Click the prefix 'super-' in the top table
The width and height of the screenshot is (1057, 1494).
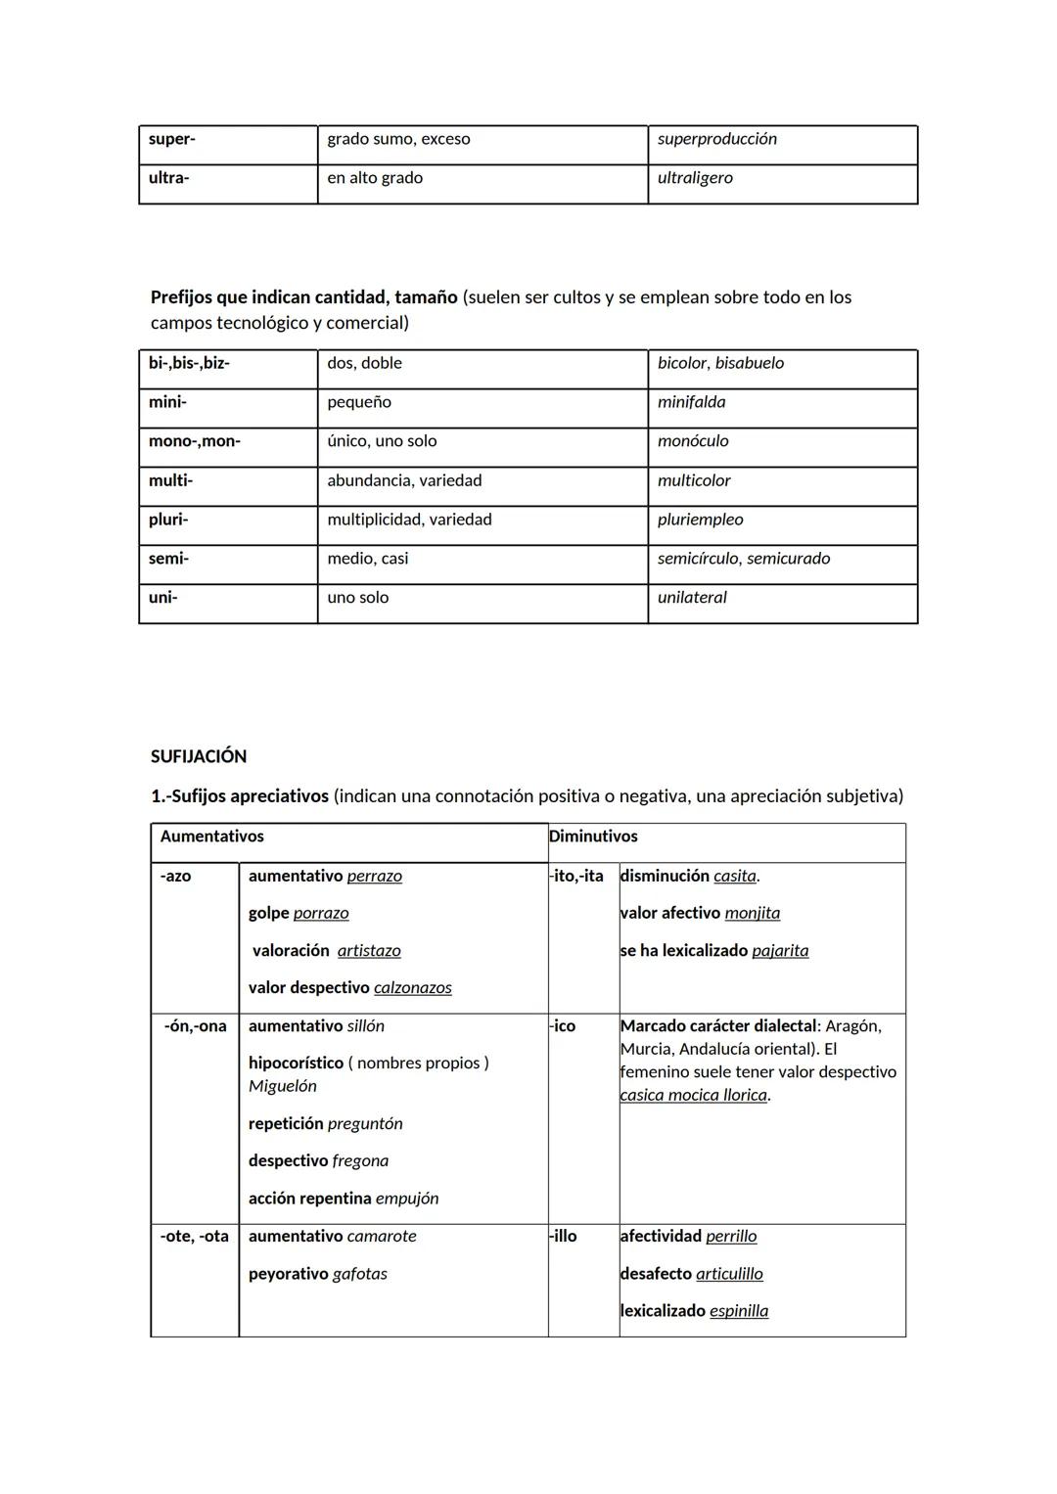point(172,139)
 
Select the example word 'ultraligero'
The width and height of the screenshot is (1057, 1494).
point(695,178)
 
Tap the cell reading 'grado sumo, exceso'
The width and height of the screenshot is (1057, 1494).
point(398,139)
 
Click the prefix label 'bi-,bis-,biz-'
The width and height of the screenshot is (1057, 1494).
point(189,363)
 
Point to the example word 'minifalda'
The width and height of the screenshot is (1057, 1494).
point(691,402)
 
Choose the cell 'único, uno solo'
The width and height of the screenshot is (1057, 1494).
point(382,441)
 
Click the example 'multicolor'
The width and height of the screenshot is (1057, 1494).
point(694,480)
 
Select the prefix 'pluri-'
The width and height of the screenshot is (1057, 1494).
point(168,520)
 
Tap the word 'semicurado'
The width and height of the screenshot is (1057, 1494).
point(788,559)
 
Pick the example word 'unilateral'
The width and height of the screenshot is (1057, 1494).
point(692,598)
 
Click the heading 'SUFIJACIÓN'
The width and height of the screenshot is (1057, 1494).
point(199,756)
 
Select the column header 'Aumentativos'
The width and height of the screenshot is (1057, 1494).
point(211,837)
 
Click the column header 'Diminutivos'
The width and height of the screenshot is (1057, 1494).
point(593,837)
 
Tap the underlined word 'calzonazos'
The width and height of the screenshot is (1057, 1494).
point(413,988)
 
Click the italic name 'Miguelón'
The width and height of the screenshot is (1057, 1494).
point(282,1086)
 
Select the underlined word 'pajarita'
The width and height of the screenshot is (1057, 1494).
point(780,951)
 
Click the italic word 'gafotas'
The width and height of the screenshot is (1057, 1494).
point(360,1274)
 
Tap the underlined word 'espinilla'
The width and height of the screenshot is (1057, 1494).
point(739,1311)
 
